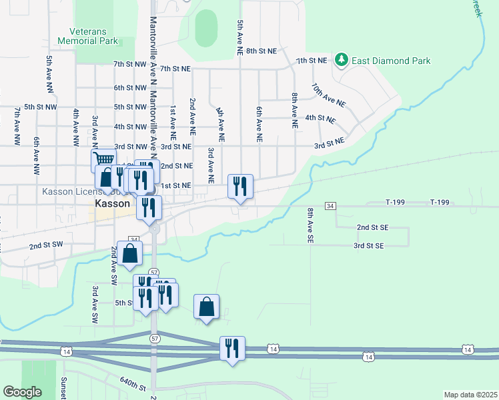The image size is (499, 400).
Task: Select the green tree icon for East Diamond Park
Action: tap(342, 60)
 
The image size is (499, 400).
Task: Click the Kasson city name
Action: tap(111, 203)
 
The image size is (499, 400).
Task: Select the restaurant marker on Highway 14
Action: tap(232, 349)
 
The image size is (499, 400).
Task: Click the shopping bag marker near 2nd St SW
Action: tap(130, 253)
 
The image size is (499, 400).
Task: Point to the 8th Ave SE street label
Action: tap(310, 227)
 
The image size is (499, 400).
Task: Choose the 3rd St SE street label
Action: tap(369, 246)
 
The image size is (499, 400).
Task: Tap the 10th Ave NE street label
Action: tap(328, 95)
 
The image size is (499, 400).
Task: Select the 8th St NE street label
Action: tap(260, 51)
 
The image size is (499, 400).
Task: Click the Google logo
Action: tap(22, 392)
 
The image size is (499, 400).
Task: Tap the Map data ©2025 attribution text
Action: tap(470, 395)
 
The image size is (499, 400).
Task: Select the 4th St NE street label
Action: tap(320, 117)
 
